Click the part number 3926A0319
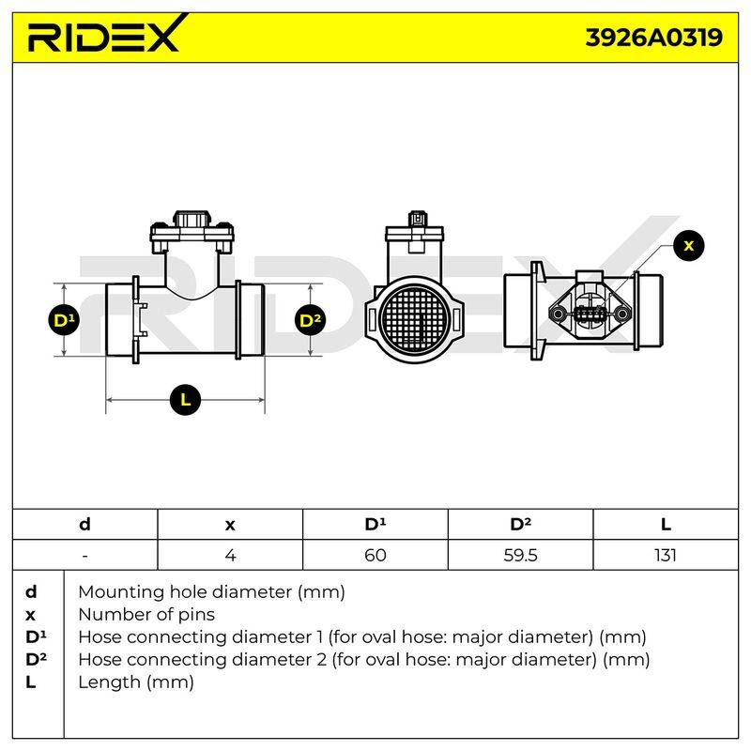tap(653, 38)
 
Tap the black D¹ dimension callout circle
tap(64, 320)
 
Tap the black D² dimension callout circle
tap(311, 320)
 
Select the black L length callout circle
tap(185, 399)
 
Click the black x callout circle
tap(689, 246)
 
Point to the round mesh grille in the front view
tap(414, 319)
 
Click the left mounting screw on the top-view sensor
tap(558, 314)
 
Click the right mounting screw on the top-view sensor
tap(621, 314)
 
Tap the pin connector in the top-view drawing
tap(590, 314)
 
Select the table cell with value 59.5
tap(520, 555)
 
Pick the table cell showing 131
tap(666, 555)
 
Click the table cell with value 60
tap(375, 555)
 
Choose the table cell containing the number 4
tap(230, 555)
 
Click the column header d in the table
tap(84, 525)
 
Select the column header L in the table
tap(666, 525)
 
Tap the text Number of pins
tap(146, 615)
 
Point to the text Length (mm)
tap(136, 682)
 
